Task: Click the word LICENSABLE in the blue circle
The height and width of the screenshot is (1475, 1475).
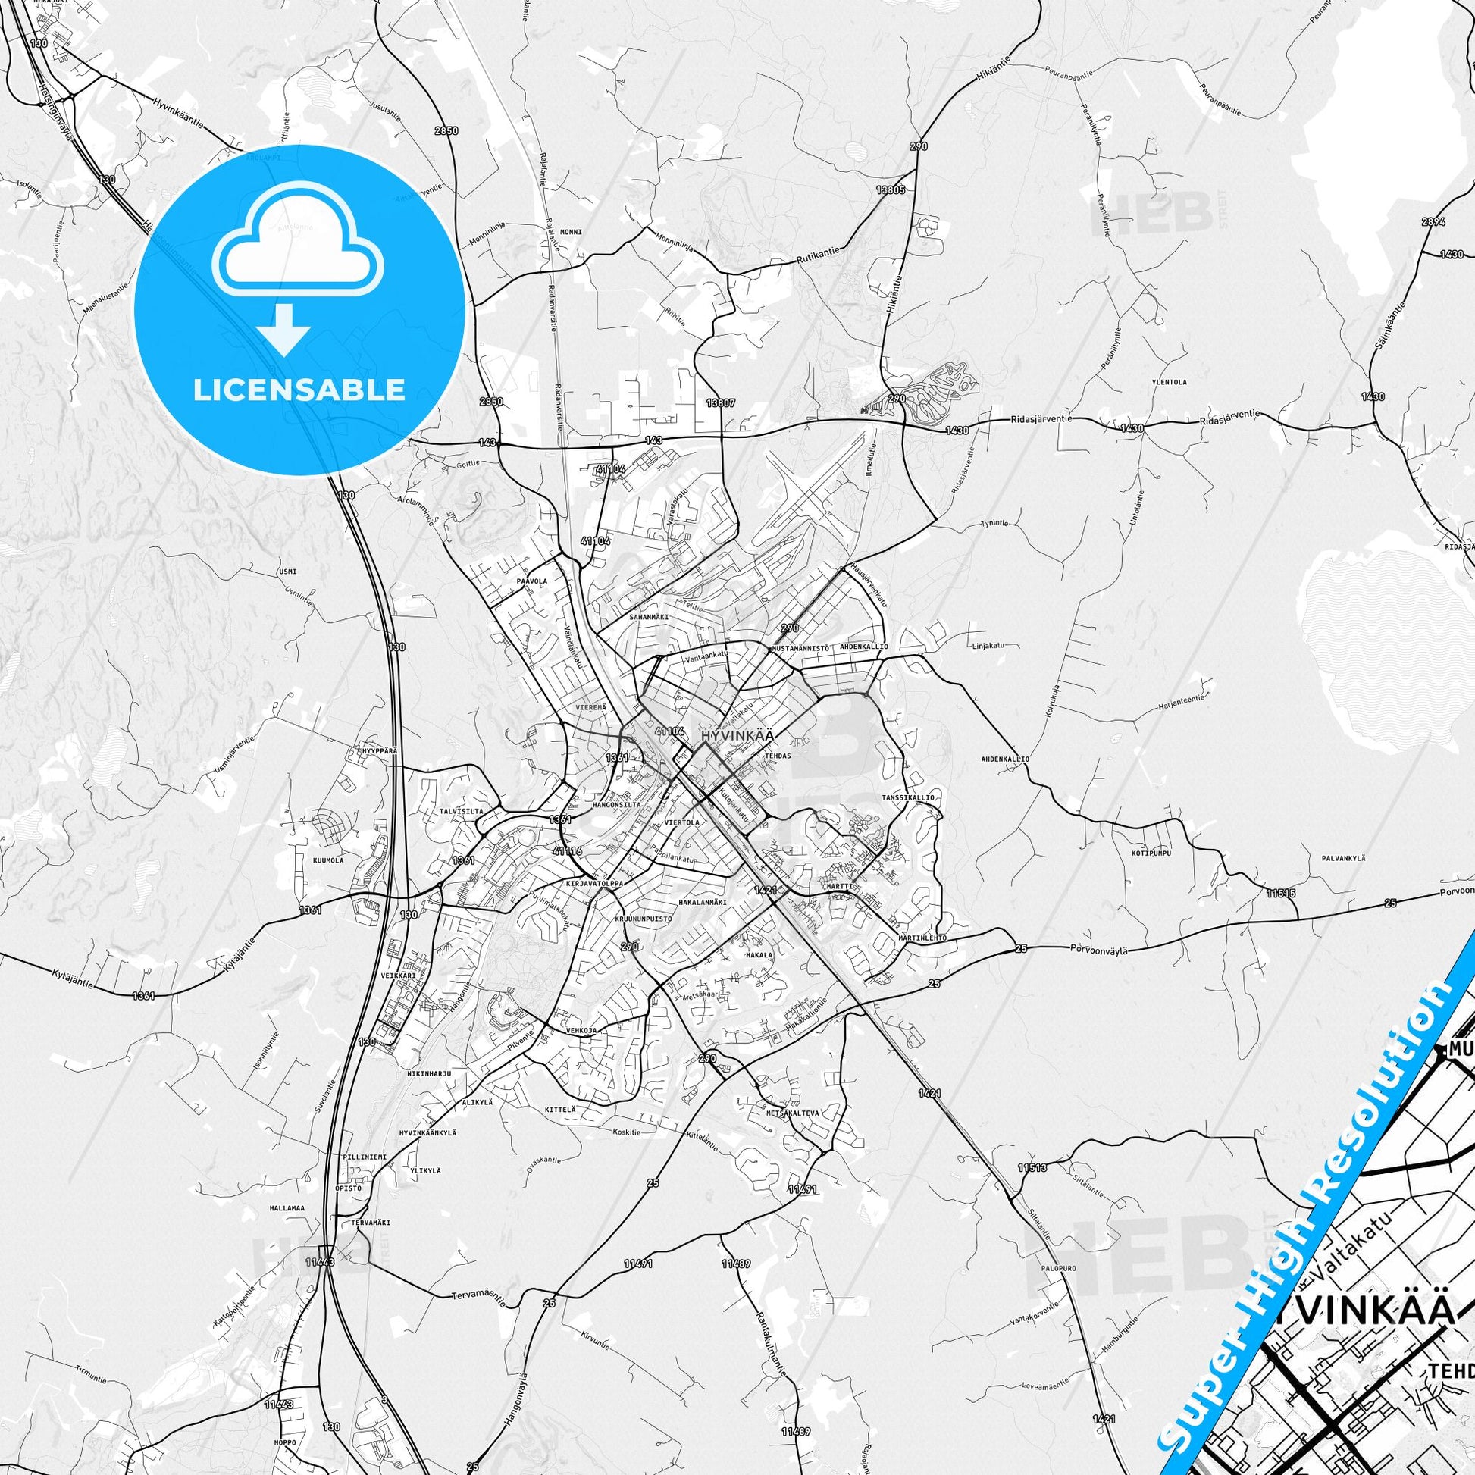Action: coord(299,390)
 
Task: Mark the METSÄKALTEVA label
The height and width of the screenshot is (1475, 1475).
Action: coord(794,1114)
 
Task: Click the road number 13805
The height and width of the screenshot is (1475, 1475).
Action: coord(890,189)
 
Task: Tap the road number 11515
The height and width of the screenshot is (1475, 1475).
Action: coord(1280,892)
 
